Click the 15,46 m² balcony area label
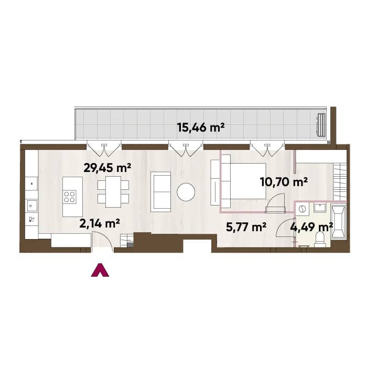(201, 128)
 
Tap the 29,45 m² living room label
(107, 168)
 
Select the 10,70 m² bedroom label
(284, 182)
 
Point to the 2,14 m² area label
(100, 223)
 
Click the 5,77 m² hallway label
(246, 227)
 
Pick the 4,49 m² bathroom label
(311, 227)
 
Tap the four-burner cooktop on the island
(70, 197)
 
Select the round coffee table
(186, 192)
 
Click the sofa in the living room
(160, 192)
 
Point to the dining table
(113, 192)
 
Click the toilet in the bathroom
(320, 239)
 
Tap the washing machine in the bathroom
(302, 209)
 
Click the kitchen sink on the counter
(32, 206)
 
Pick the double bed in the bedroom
(244, 181)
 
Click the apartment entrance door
(103, 242)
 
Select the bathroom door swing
(285, 228)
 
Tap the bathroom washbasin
(320, 208)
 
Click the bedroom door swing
(276, 203)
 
